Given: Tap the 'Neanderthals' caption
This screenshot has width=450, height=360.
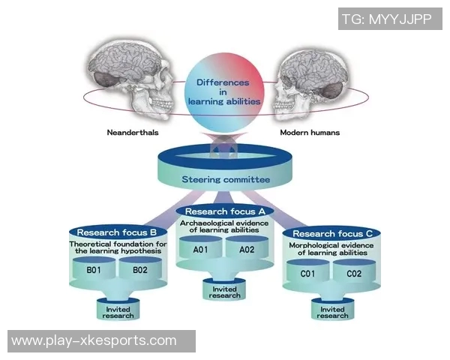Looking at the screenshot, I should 133,132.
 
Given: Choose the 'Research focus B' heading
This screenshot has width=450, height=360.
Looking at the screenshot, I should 116,232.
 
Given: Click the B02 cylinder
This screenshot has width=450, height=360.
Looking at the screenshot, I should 140,271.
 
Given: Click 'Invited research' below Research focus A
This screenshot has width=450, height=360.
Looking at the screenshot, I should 224,291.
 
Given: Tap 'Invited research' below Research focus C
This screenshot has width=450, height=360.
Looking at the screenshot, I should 332,312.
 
